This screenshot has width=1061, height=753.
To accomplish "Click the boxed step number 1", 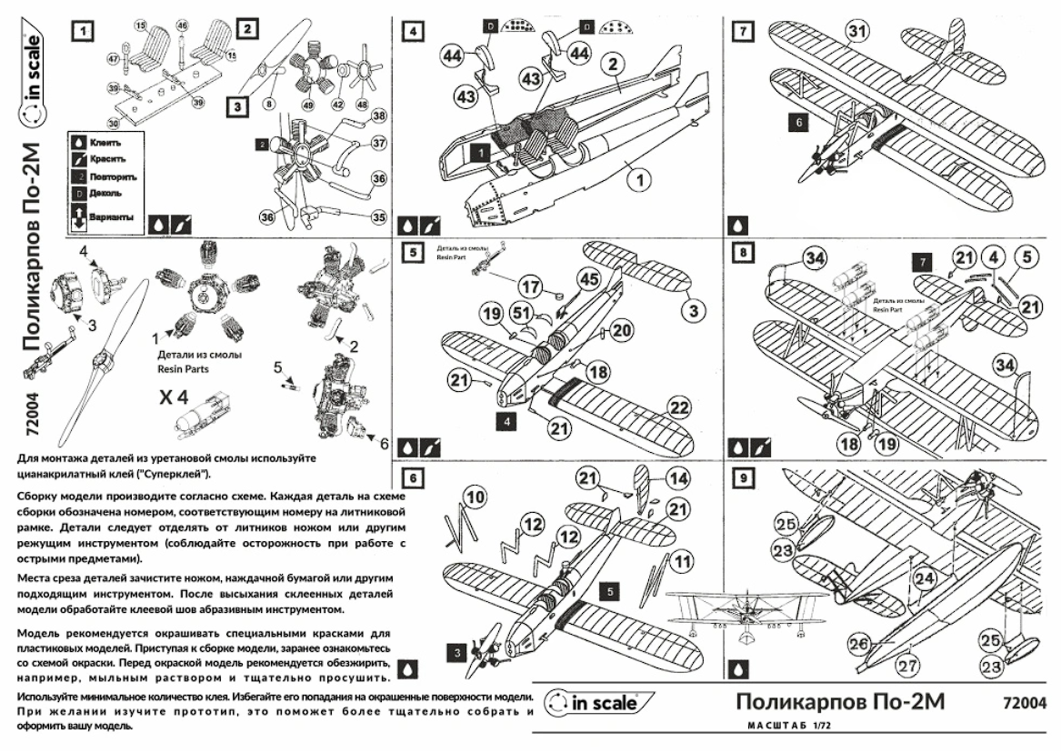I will [x=82, y=30].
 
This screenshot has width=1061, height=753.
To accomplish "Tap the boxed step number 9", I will [x=744, y=477].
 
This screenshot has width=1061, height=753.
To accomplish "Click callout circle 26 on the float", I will [x=859, y=643].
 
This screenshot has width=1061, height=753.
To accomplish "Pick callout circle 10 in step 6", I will [x=475, y=496].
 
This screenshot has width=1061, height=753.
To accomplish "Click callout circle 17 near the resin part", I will [x=532, y=285].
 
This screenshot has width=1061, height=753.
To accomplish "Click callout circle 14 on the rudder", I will [x=678, y=476].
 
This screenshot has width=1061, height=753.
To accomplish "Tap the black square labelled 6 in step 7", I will [x=798, y=119].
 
